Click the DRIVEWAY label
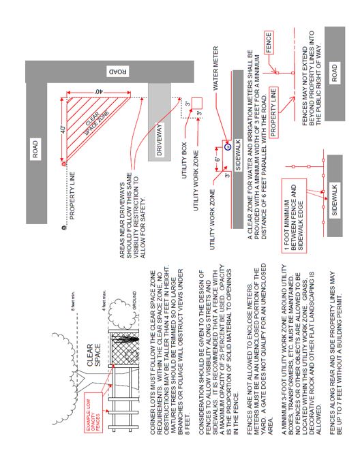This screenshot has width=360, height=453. click(160, 140)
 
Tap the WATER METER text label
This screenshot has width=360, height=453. click(215, 68)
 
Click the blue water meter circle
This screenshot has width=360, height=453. click(228, 147)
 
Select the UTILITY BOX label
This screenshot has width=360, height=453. click(184, 160)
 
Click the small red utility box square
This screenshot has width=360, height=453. click(196, 104)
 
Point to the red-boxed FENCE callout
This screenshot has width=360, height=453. click(269, 42)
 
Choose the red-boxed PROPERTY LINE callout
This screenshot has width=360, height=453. click(273, 112)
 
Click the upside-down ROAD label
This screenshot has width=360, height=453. click(118, 72)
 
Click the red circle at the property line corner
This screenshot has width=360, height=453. click(64, 164)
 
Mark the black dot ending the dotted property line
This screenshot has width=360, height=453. click(64, 227)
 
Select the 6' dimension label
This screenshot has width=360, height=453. click(217, 159)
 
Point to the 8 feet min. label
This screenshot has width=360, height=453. click(74, 301)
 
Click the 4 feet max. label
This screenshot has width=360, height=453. click(104, 300)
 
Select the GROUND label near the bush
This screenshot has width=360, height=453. click(134, 300)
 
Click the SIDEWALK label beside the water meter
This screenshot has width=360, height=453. click(238, 155)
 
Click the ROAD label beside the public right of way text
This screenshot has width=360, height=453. click(335, 73)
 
